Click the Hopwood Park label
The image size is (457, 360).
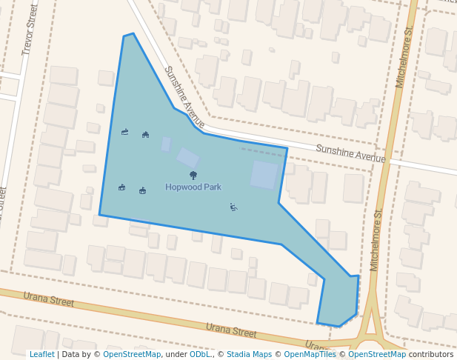coord(193,187)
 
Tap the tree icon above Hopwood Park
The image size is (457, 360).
coord(193,176)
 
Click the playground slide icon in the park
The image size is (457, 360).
coord(233,207)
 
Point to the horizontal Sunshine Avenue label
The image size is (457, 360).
coord(350,153)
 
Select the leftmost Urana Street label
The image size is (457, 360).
coord(49,300)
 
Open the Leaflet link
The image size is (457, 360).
coord(41,355)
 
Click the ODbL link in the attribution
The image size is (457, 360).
coord(199,355)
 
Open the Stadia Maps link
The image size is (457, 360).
coord(249,355)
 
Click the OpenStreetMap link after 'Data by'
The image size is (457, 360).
coord(132,355)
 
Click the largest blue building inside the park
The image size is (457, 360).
coord(264,175)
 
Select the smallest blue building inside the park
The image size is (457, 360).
coord(166,144)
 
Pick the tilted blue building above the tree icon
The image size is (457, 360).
coord(187,158)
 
